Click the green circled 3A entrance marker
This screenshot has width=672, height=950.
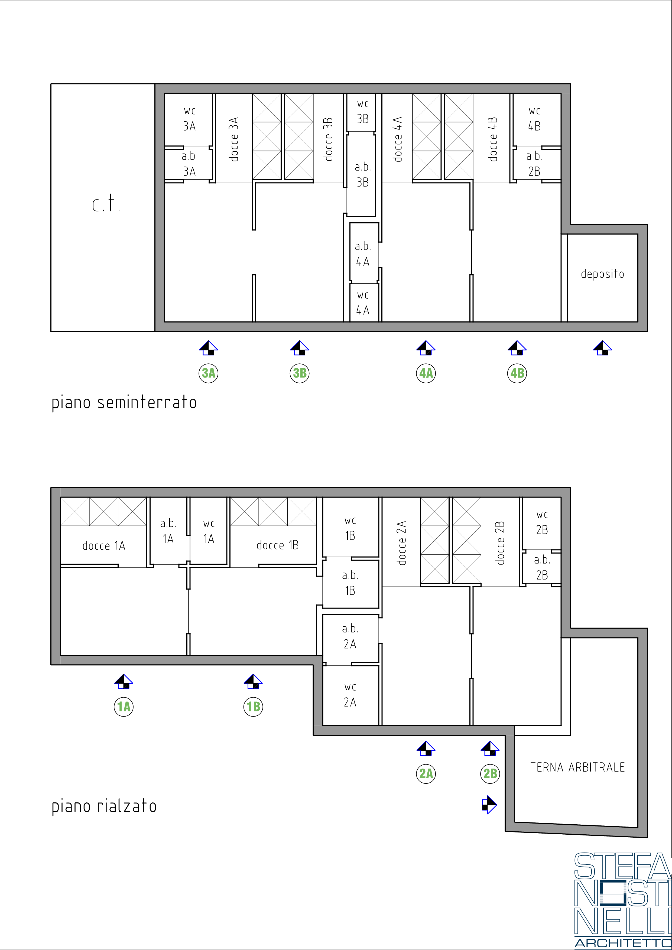point(209,373)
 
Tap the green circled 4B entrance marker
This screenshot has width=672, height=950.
point(517,373)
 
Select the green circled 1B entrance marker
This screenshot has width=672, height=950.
point(253,706)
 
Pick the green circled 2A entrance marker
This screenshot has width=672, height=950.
point(426,773)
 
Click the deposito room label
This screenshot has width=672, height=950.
point(602,274)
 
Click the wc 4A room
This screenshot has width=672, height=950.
point(363,302)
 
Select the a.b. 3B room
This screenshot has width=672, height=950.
point(361,174)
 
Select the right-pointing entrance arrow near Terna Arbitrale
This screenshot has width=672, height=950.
point(489,805)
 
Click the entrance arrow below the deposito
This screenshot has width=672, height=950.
point(602,348)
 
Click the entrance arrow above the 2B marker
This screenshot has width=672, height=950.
point(490,748)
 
